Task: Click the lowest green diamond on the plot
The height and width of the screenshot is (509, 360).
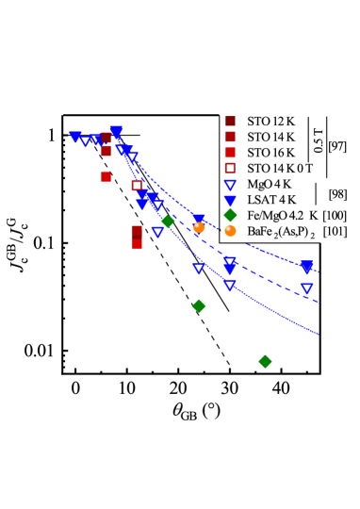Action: (265, 361)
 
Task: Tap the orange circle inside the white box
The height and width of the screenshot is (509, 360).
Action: (230, 231)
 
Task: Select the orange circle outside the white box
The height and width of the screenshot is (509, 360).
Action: (199, 227)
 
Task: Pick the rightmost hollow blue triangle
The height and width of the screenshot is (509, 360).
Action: (306, 288)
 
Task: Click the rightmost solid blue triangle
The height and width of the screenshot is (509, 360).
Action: (306, 267)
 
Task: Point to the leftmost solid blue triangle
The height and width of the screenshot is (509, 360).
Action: (75, 137)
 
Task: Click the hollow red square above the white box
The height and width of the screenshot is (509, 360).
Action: (230, 168)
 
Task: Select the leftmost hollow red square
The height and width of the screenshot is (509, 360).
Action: (137, 186)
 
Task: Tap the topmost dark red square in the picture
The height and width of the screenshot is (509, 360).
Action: (230, 121)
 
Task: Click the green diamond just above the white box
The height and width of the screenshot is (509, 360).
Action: (230, 215)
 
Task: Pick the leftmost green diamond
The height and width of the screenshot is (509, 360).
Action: (168, 222)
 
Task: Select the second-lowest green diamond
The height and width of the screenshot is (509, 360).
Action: (199, 305)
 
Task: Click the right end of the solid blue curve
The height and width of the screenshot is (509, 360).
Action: (319, 334)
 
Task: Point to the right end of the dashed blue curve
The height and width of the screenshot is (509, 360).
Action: (319, 303)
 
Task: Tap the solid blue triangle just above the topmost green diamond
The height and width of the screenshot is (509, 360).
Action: (230, 201)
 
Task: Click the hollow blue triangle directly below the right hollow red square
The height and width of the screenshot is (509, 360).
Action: (230, 185)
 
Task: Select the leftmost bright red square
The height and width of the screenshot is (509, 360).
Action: (106, 176)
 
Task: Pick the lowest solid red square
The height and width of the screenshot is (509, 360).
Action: (138, 244)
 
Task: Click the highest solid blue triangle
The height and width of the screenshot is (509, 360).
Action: (116, 131)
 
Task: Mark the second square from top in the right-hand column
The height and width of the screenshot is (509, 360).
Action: (230, 137)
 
